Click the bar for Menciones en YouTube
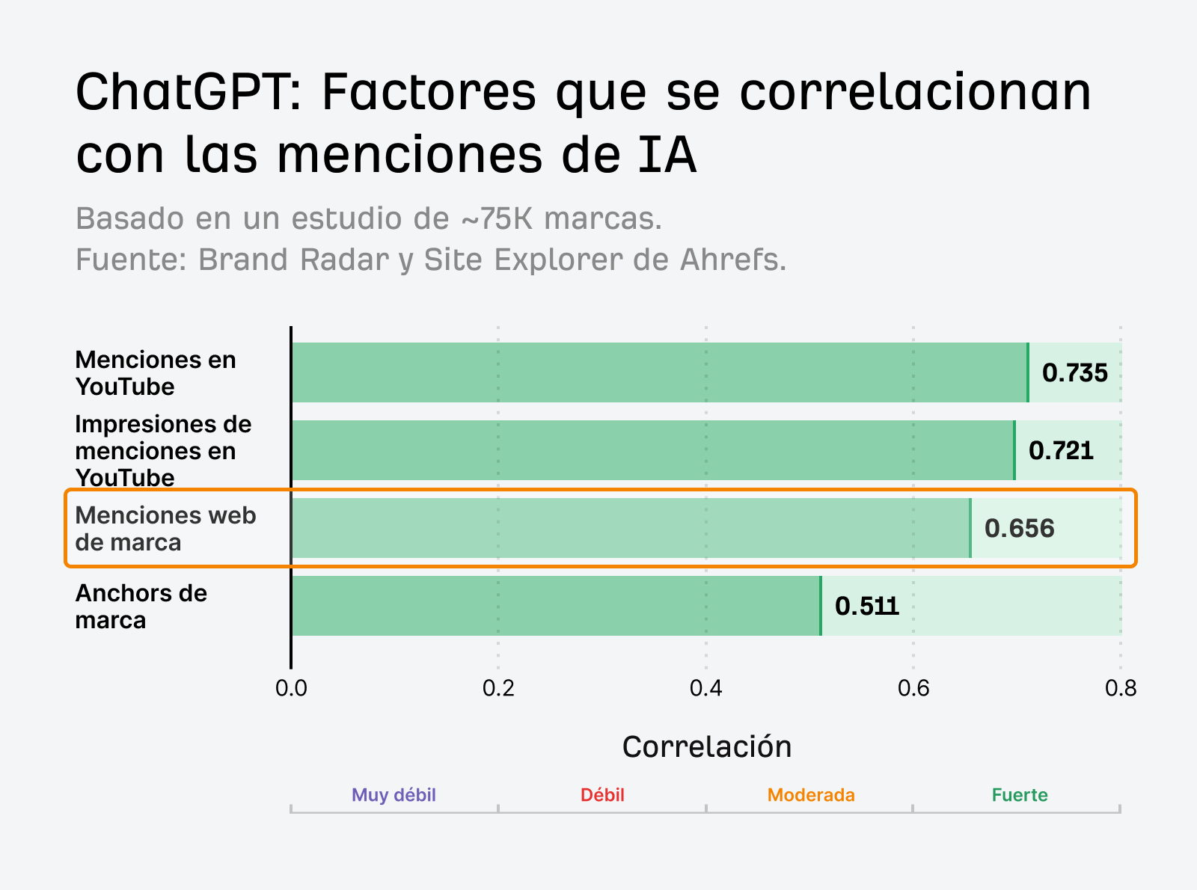(x=658, y=372)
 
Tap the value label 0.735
(x=1074, y=372)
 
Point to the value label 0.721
(x=1061, y=450)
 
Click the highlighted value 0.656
(x=1019, y=529)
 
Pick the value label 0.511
(x=866, y=606)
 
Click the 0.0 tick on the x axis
(x=291, y=688)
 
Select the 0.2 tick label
(x=498, y=688)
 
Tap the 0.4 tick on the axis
(x=705, y=688)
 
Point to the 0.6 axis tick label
(x=913, y=688)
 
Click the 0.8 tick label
(x=1120, y=688)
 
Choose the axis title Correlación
(x=706, y=746)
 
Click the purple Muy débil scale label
(x=394, y=794)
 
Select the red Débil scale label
(x=602, y=794)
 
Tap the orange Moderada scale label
(x=811, y=794)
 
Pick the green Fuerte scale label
(x=1019, y=794)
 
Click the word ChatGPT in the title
(x=187, y=93)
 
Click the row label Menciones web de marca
(x=165, y=529)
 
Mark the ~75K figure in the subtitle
(x=498, y=219)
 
